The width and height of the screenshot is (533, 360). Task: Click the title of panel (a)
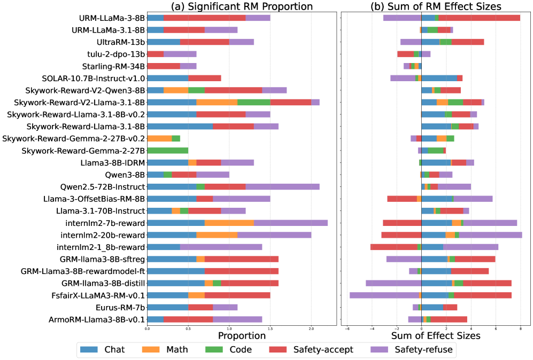[241, 6]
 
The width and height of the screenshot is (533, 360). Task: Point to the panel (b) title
[436, 6]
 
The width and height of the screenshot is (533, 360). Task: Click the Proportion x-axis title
[242, 335]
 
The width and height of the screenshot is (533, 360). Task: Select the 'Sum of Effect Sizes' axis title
[436, 335]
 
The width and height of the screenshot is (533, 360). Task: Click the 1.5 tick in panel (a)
[270, 330]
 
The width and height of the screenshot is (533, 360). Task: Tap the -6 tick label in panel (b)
[347, 330]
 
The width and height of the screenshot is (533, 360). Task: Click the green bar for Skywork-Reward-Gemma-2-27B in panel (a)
[167, 151]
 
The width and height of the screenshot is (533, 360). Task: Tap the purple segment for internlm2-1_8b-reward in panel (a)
[221, 247]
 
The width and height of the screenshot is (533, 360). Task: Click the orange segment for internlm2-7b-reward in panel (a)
[229, 223]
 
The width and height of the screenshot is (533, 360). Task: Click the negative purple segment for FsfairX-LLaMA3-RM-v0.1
[384, 295]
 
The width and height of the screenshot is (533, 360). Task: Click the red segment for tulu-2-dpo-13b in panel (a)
[155, 54]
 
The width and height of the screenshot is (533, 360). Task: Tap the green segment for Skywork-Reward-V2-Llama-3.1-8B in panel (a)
[253, 102]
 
